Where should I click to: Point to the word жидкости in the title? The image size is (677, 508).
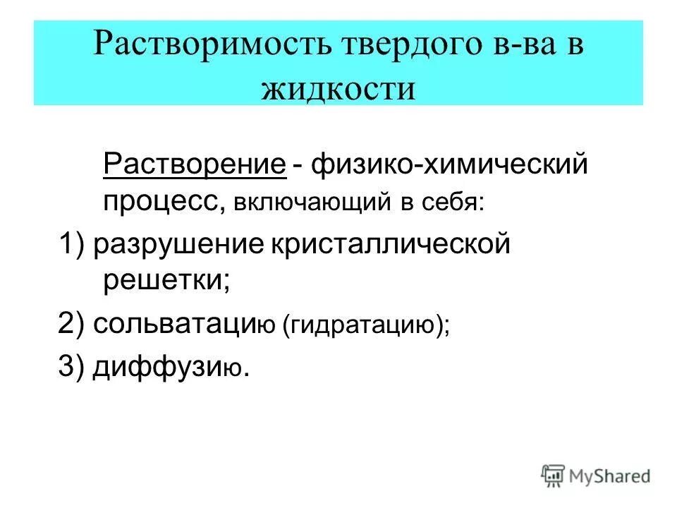[338, 87]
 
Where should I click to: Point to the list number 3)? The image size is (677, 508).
[72, 367]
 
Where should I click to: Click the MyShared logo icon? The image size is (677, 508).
[553, 476]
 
